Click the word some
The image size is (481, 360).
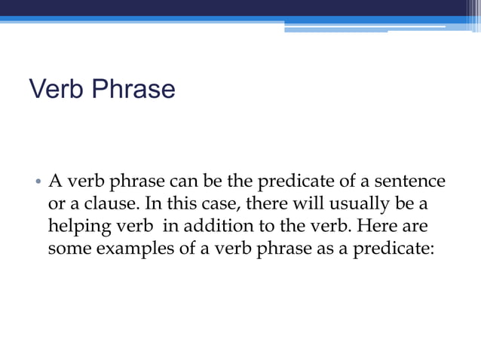tap(66, 249)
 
